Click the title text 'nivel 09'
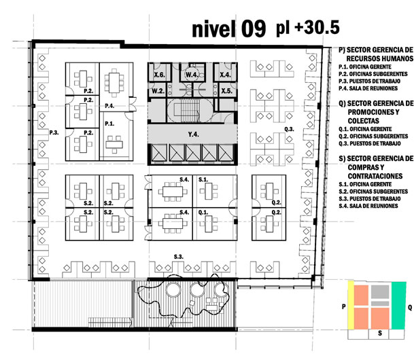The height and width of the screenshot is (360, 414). pyautogui.click(x=228, y=29)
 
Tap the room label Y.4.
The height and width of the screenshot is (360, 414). pyautogui.click(x=193, y=134)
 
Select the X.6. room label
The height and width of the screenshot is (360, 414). pyautogui.click(x=159, y=75)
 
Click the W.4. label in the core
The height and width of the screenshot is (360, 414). pyautogui.click(x=192, y=75)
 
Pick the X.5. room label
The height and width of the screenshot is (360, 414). pyautogui.click(x=227, y=91)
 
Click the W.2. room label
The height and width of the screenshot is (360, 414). pyautogui.click(x=158, y=91)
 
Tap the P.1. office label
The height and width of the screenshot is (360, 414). pyautogui.click(x=109, y=124)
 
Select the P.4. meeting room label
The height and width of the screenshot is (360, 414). pyautogui.click(x=109, y=106)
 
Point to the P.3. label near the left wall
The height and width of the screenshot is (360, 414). pyautogui.click(x=54, y=132)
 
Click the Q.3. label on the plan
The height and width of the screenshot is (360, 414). pyautogui.click(x=289, y=129)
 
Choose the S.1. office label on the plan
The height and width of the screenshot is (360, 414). pyautogui.click(x=203, y=179)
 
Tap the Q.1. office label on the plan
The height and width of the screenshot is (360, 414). pyautogui.click(x=203, y=213)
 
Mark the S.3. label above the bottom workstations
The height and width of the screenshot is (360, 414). pyautogui.click(x=179, y=257)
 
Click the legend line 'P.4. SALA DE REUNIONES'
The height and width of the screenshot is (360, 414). pyautogui.click(x=368, y=88)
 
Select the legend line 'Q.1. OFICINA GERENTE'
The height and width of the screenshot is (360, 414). pyautogui.click(x=365, y=129)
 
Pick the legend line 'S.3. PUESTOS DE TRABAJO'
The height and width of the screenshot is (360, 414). pyautogui.click(x=370, y=198)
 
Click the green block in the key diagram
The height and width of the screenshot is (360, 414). pyautogui.click(x=398, y=306)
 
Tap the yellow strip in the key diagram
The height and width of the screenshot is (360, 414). pyautogui.click(x=351, y=305)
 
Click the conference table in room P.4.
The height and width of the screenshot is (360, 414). pyautogui.click(x=114, y=83)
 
